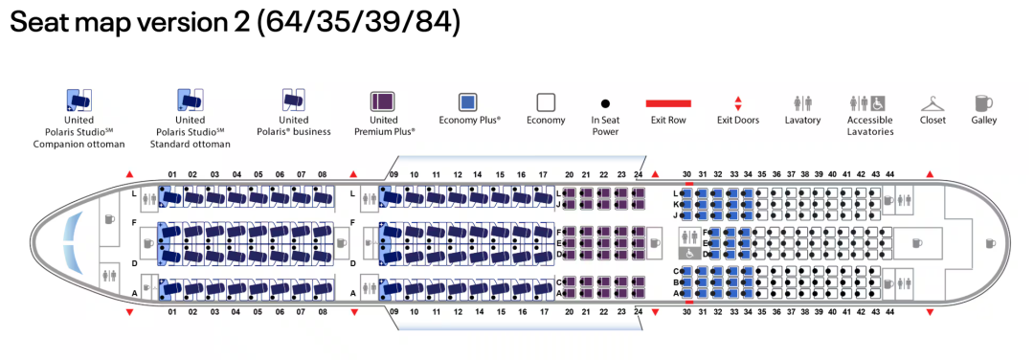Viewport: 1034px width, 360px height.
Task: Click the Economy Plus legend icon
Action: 468,102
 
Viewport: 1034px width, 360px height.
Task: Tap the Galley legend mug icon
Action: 983,103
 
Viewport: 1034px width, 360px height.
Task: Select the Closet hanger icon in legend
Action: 933,103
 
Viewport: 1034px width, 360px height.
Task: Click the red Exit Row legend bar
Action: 668,102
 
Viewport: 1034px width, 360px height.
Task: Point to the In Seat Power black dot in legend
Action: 605,103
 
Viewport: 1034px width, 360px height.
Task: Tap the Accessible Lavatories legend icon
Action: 867,103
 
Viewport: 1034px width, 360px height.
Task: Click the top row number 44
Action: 890,174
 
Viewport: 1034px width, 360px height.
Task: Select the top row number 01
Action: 172,174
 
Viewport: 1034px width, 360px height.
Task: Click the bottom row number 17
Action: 543,312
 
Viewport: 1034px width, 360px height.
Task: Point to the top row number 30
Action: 686,174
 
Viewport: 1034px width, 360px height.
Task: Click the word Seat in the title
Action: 40,23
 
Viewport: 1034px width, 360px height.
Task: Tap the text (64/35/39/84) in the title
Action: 356,23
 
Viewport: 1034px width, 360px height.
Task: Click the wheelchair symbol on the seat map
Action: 690,253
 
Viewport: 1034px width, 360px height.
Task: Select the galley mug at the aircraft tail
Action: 991,243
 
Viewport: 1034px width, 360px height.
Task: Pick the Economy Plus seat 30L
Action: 686,193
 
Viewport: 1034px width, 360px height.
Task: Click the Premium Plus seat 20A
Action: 569,293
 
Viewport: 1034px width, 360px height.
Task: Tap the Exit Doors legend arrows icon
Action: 738,103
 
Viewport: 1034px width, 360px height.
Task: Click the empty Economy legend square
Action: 546,102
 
